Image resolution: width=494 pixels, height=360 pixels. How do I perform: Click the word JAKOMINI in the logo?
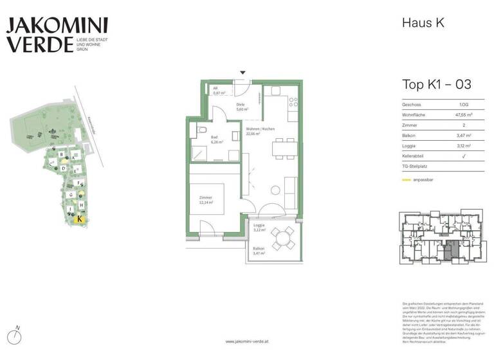pos(57,26)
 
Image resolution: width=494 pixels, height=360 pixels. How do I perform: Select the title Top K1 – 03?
pos(436,84)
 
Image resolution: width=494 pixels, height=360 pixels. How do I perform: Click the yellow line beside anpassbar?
pos(407,180)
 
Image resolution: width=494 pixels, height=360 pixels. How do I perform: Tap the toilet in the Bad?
pos(202,130)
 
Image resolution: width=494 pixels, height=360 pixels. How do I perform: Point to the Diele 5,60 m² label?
pos(241,107)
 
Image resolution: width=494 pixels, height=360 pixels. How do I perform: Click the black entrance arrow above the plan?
pos(242,74)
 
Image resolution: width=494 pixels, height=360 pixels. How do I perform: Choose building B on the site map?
pos(61,155)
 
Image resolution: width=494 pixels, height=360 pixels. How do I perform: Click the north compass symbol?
pos(17,335)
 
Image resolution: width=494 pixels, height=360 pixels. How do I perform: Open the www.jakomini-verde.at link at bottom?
pos(247,342)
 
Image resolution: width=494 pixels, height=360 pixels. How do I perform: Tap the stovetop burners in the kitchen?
pos(293,103)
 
